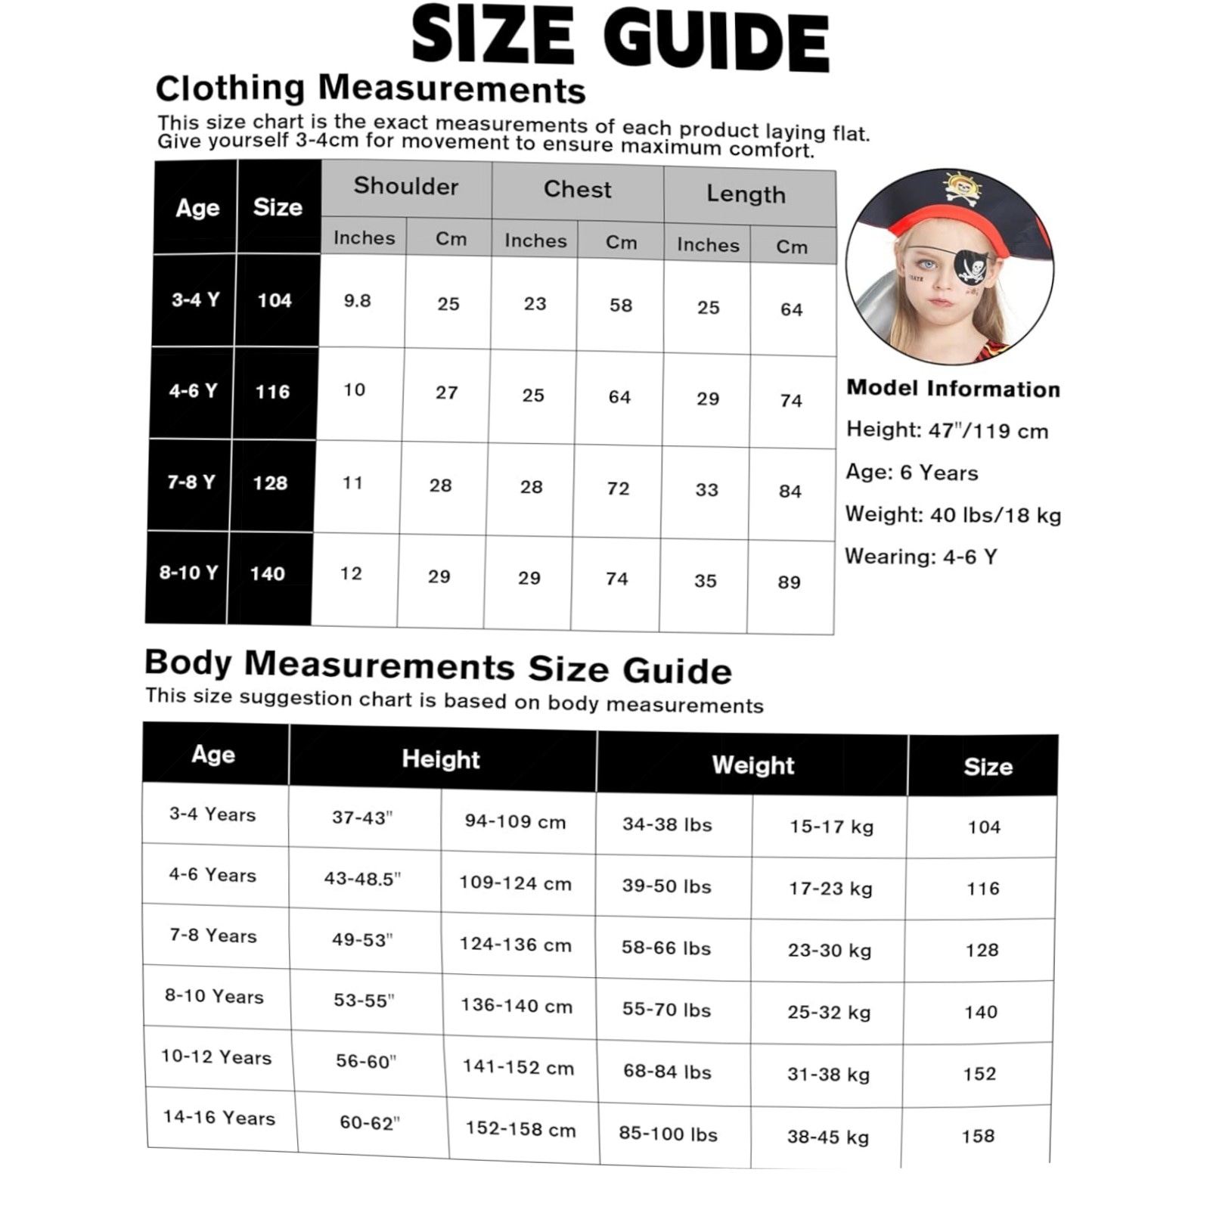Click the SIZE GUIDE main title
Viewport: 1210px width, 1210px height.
tap(620, 38)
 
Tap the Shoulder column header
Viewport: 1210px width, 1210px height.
tap(406, 187)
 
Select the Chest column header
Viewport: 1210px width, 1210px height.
tap(577, 190)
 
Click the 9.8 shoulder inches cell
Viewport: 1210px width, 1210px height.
tap(358, 301)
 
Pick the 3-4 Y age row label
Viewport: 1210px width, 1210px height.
tap(195, 299)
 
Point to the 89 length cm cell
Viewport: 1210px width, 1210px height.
tap(789, 582)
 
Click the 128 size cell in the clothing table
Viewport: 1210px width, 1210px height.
tap(270, 483)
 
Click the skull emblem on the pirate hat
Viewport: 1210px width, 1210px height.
tap(961, 188)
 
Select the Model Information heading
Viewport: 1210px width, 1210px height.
tap(953, 389)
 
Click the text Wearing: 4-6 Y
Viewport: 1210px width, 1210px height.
tap(920, 557)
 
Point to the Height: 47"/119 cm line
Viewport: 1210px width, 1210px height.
tap(947, 431)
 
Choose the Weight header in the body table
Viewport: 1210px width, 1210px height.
tap(752, 765)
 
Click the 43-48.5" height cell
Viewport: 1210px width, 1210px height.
tap(362, 879)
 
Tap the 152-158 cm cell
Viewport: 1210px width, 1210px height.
tap(520, 1129)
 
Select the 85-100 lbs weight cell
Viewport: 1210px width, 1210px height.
tap(668, 1134)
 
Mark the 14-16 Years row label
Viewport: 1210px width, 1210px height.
tap(219, 1118)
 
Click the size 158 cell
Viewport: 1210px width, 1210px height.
tap(978, 1136)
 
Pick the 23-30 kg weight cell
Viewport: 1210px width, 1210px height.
tap(829, 951)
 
